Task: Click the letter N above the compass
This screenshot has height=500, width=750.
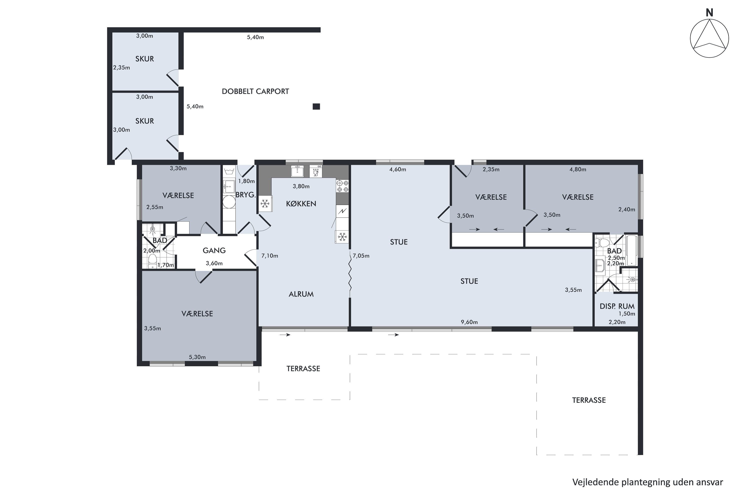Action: [x=709, y=13]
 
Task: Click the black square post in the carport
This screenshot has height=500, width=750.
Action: [x=316, y=106]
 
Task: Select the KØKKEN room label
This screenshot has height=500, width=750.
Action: [x=301, y=204]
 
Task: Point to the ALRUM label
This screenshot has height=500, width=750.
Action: [x=301, y=294]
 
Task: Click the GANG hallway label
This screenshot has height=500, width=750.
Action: [x=214, y=251]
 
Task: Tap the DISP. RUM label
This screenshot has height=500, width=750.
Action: [x=617, y=306]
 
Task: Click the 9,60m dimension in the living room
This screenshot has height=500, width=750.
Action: [x=469, y=322]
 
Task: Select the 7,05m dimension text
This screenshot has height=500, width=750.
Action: [x=361, y=256]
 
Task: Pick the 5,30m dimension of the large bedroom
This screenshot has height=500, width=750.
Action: [x=197, y=357]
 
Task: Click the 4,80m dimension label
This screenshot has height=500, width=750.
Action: [x=578, y=170]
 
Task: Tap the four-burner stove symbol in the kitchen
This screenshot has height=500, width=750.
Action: [x=342, y=186]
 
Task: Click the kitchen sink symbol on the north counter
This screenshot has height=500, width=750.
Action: [x=297, y=171]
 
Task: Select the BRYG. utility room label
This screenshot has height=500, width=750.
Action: [x=245, y=195]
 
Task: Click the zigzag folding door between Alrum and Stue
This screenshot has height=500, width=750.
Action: [x=350, y=273]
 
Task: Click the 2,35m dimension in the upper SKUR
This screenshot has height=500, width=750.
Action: [x=121, y=67]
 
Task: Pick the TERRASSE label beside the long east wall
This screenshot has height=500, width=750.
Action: [x=589, y=400]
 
